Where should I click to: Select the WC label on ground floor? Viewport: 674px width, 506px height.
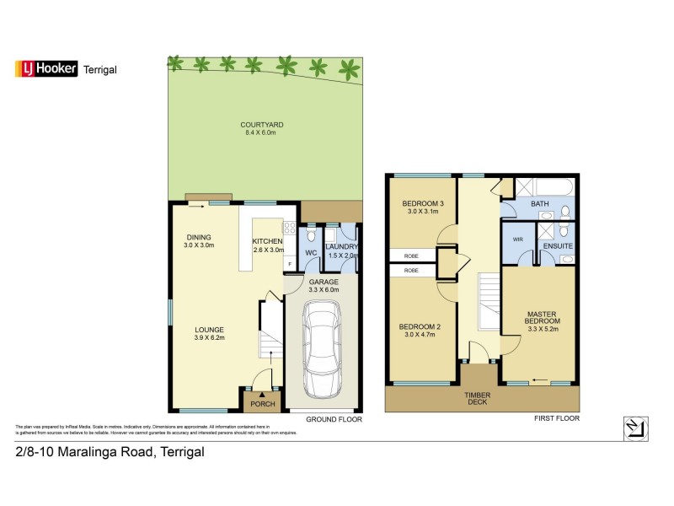pos(309,251)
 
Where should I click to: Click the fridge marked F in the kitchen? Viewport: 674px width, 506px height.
pos(289,264)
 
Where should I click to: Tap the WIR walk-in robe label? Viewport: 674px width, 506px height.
pos(517,239)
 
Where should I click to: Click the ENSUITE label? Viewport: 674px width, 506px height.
pos(558,246)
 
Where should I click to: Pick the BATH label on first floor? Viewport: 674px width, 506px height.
pos(539,204)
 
